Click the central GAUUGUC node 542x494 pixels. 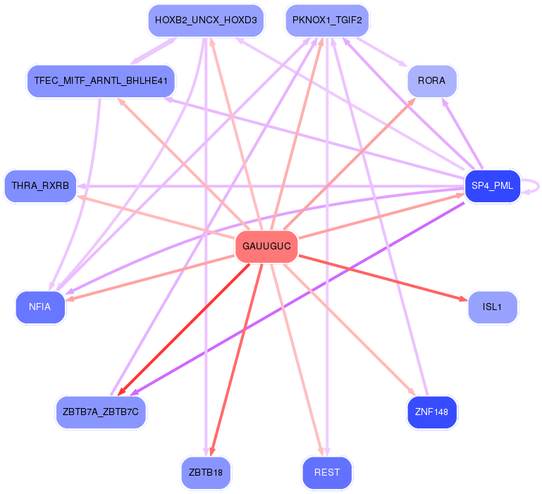coord(266,247)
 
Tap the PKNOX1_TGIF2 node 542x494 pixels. coord(327,20)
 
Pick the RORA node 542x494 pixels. coord(431,81)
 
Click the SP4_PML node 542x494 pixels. coord(493,186)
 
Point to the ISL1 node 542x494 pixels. coord(493,307)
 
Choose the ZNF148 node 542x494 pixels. coord(432,412)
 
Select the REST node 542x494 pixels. coord(327,473)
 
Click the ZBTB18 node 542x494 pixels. coord(206,473)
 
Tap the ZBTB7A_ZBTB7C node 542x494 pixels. coord(101,412)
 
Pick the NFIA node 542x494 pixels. coord(40,307)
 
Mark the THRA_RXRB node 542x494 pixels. coord(40,186)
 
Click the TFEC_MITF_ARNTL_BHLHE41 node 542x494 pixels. coord(100,81)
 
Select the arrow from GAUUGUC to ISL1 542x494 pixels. coord(381,277)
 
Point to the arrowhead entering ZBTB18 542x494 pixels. coord(211,452)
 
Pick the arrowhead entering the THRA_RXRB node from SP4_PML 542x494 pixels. coord(82,186)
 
